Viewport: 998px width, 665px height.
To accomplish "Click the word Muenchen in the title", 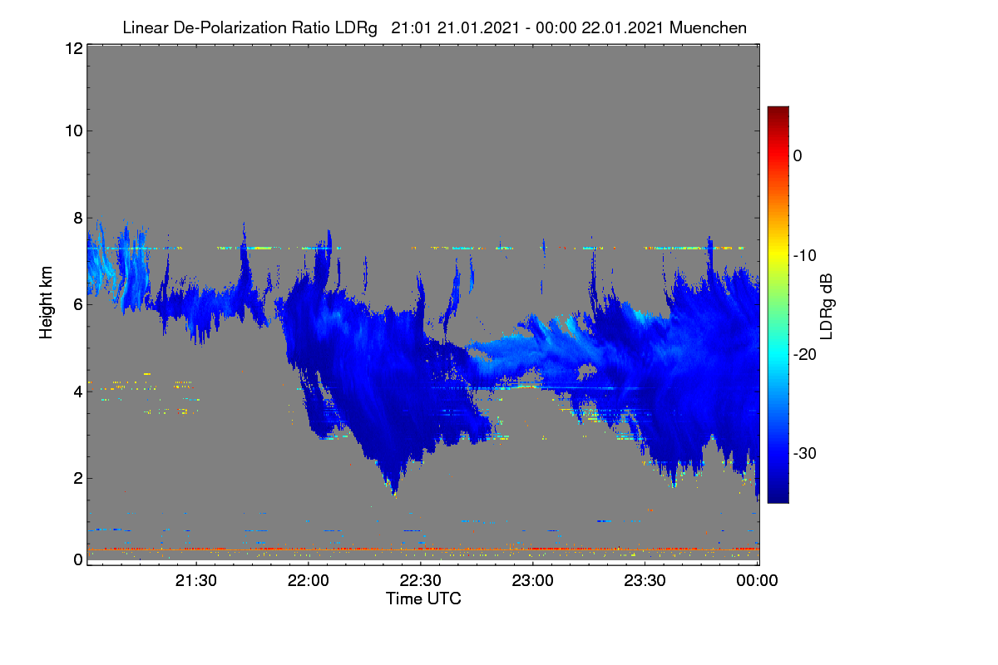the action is (x=708, y=28).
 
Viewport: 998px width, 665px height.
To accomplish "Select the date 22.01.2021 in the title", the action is (x=623, y=28).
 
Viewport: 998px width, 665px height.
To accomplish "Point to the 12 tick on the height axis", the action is (x=74, y=48).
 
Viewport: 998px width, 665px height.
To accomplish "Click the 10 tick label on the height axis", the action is (x=74, y=131).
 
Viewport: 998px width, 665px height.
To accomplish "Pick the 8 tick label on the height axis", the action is (x=78, y=218).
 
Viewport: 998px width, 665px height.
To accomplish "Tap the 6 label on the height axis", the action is (x=78, y=305).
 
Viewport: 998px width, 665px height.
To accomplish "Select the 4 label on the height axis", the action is (x=78, y=392).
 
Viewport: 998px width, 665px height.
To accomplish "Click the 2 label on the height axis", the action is (x=78, y=478).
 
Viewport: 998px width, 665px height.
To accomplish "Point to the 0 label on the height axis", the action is (x=78, y=559).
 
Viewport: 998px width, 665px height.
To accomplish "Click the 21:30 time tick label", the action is (x=196, y=580).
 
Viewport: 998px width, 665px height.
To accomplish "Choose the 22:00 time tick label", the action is (x=309, y=580).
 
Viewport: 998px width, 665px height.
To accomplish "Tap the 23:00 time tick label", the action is (x=532, y=580).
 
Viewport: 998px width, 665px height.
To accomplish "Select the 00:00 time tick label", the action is (x=757, y=580).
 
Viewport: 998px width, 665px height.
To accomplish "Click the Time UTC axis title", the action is (x=423, y=598).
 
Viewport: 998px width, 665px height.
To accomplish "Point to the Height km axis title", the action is (x=46, y=303).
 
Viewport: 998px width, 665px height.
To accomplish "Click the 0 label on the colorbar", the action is (x=798, y=156).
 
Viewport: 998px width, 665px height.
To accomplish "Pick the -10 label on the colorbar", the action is (x=805, y=256).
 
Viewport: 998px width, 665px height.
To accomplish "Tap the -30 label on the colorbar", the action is (x=805, y=453).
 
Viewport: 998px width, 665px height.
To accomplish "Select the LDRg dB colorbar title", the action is (x=827, y=307).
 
